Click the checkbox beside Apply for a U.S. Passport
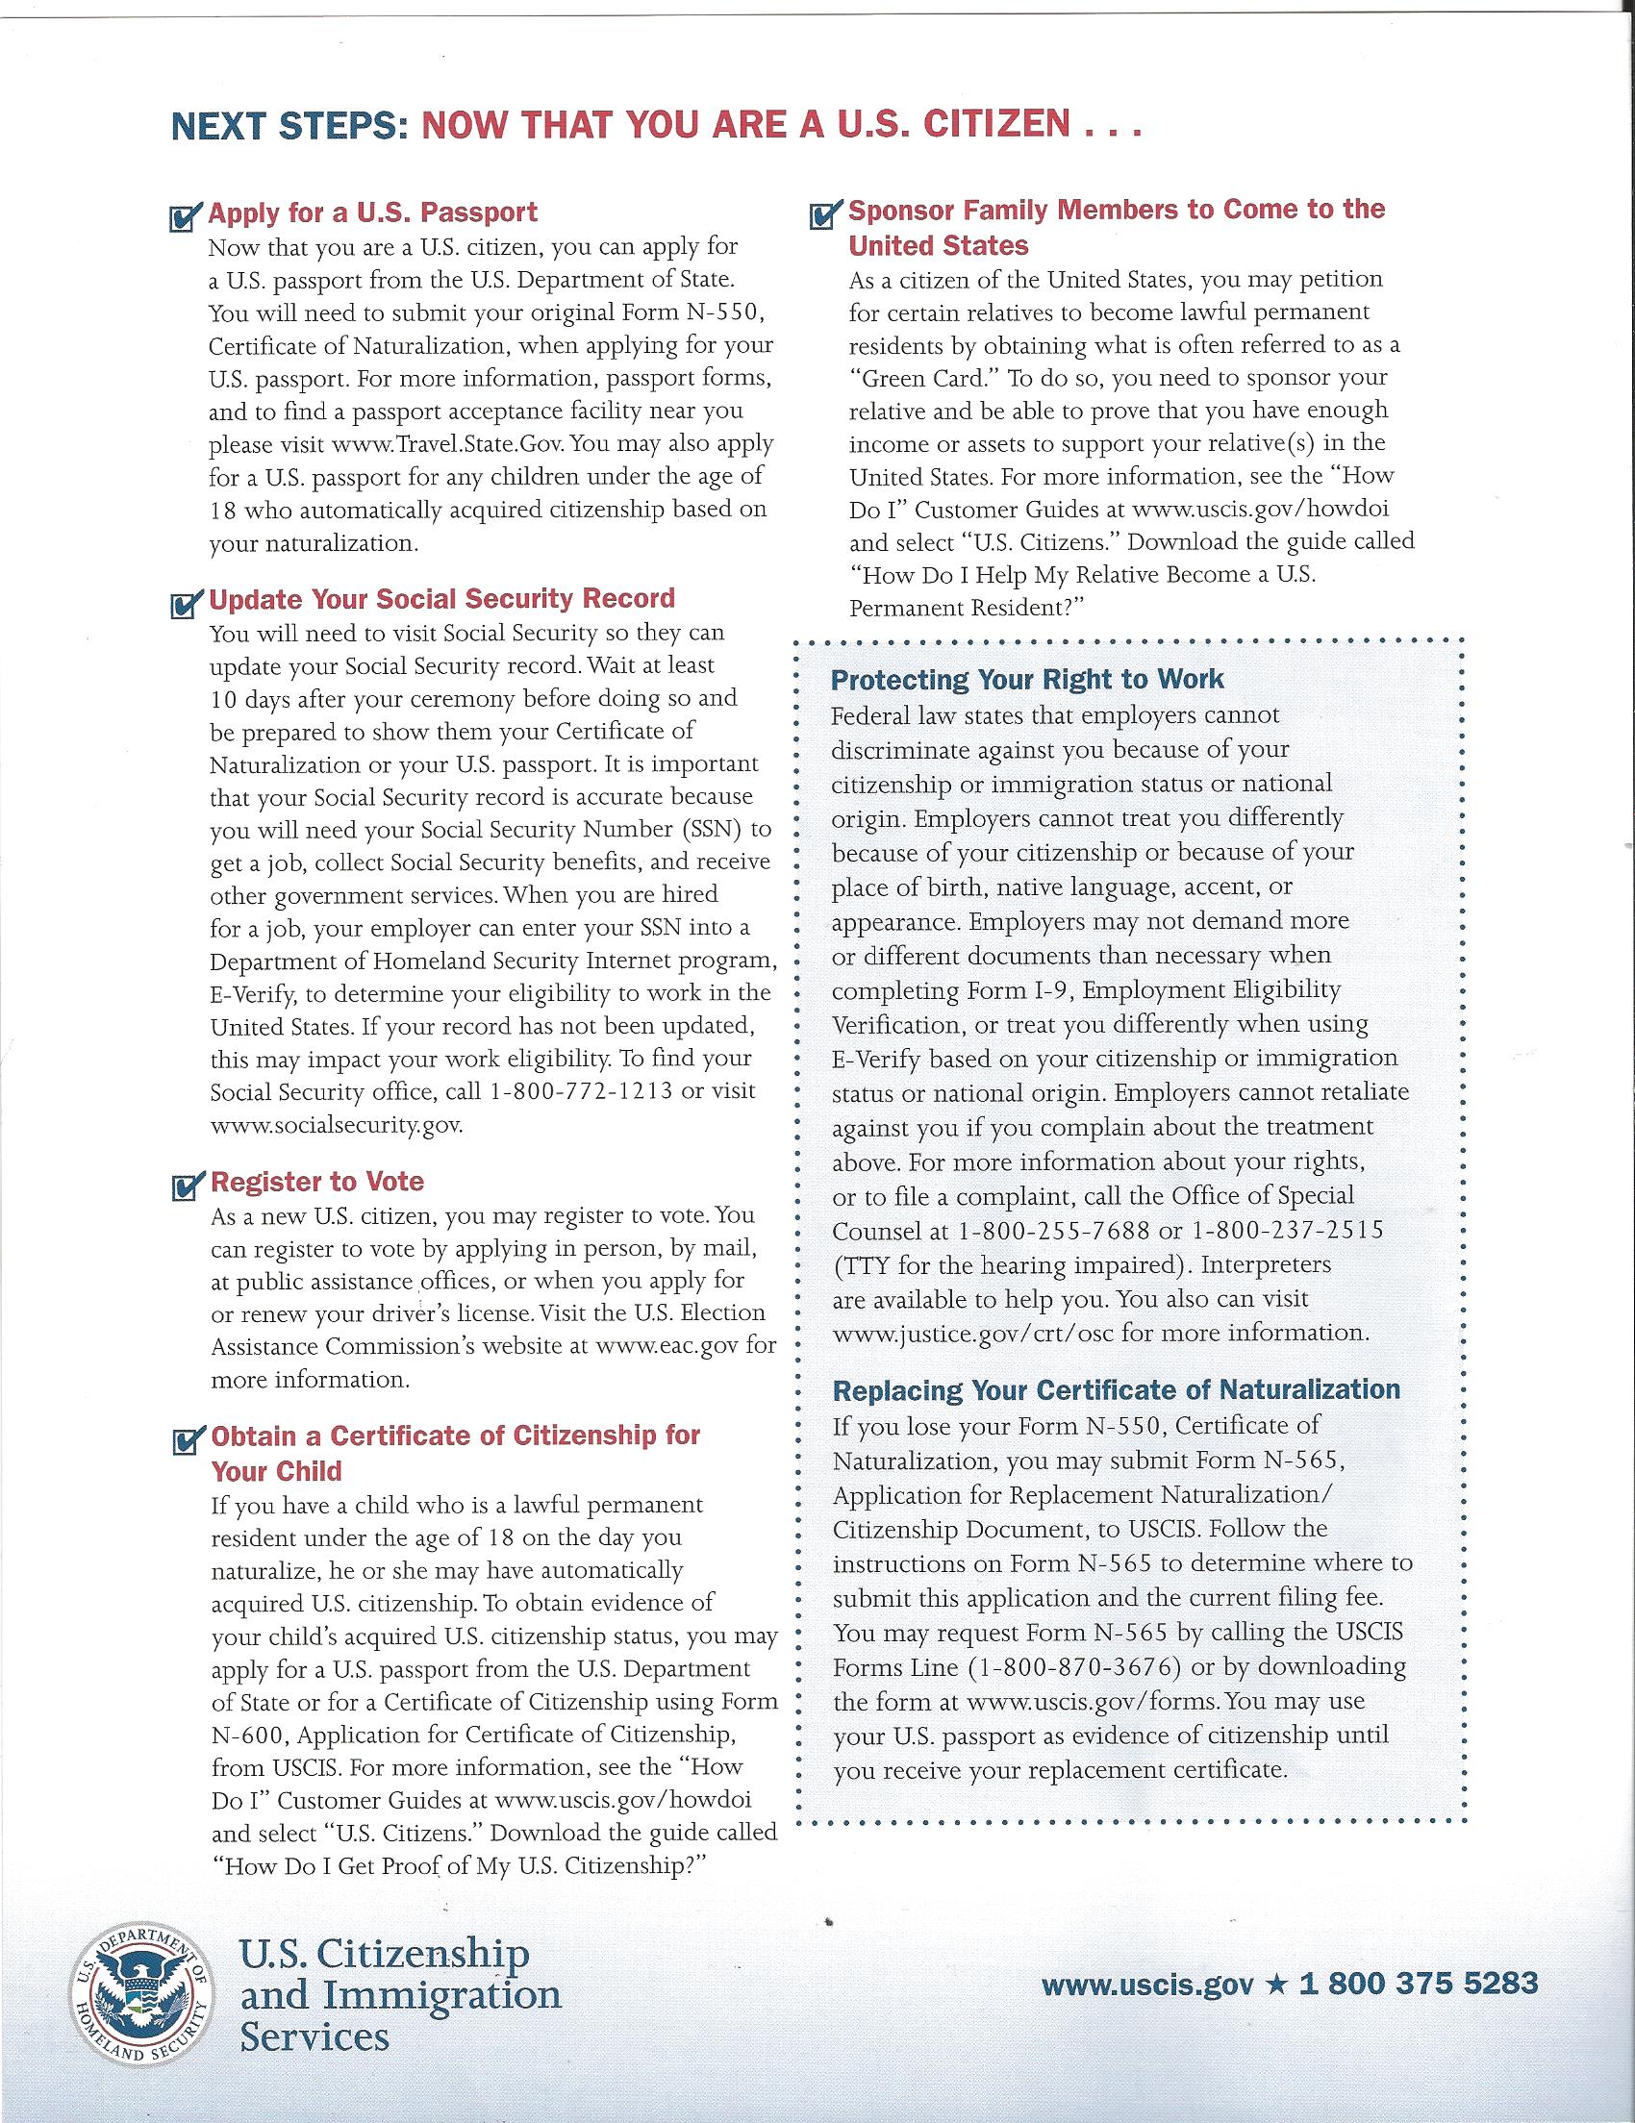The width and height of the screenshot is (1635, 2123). coord(185,217)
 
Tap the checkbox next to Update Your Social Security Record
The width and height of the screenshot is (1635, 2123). coord(185,605)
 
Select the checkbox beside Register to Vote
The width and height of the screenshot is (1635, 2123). coord(185,1186)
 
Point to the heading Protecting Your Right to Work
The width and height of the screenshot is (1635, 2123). coord(1027,679)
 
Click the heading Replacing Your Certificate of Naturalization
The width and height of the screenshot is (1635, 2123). coord(1116,1389)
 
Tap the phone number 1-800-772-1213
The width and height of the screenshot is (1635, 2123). coord(582,1090)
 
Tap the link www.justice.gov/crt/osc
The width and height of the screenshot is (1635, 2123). coord(973,1333)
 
